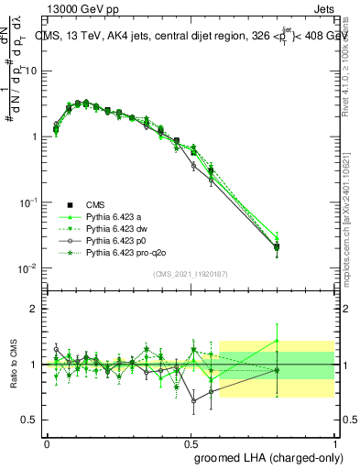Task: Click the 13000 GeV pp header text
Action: (78, 7)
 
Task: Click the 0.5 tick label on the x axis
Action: (190, 442)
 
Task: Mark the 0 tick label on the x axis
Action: (47, 442)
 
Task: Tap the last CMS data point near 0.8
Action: (277, 246)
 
